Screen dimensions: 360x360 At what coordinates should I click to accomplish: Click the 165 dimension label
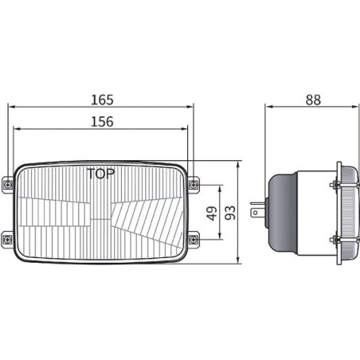(x=102, y=100)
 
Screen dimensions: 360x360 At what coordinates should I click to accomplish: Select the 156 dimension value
(x=102, y=122)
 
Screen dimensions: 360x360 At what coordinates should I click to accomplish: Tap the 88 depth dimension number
(x=313, y=100)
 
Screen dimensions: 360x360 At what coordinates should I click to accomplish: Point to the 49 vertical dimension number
(x=212, y=213)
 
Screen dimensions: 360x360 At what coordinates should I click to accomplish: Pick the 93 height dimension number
(x=230, y=213)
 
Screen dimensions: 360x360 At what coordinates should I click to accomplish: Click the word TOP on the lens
(x=101, y=174)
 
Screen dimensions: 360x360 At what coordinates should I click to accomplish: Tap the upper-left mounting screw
(x=8, y=184)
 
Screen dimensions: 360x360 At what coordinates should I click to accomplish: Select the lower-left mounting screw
(x=6, y=240)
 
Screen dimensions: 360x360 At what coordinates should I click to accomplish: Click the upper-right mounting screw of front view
(x=194, y=184)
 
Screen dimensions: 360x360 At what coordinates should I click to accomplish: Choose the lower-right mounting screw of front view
(x=194, y=240)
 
